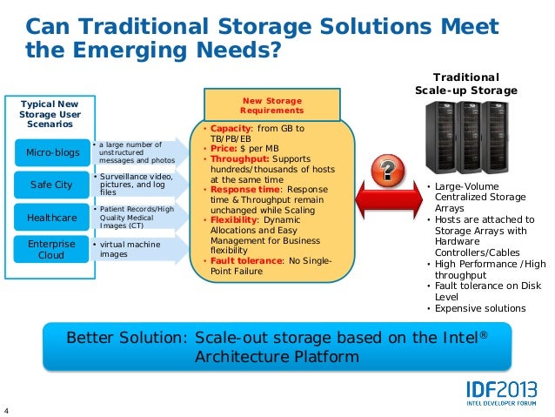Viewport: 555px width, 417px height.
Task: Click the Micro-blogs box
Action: (x=52, y=153)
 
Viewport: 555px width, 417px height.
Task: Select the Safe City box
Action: (x=52, y=184)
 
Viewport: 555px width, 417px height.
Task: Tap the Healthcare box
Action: (x=52, y=215)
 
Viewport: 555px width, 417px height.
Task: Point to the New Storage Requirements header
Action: (x=272, y=105)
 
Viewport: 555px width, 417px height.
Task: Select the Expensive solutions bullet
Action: (x=479, y=308)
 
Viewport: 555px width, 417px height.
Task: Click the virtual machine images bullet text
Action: (x=130, y=249)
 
